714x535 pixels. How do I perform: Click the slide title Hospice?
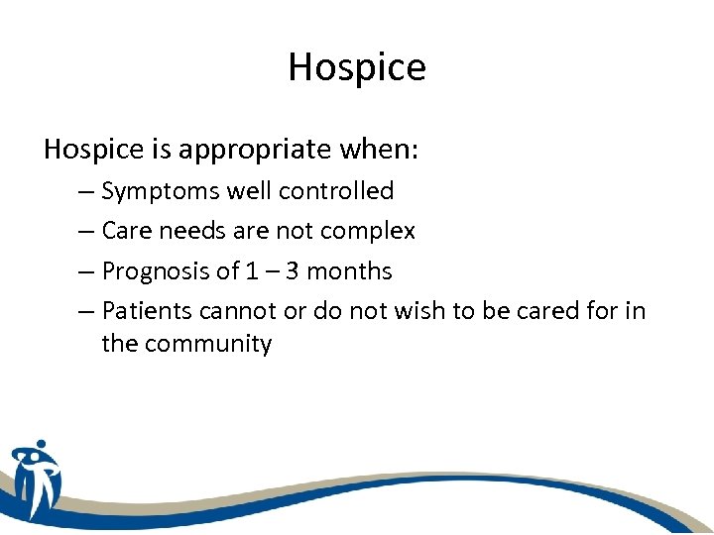pyautogui.click(x=357, y=67)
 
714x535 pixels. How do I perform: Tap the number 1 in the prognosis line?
pyautogui.click(x=250, y=270)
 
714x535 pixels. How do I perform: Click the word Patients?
pyautogui.click(x=147, y=311)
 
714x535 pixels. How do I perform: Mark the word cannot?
pyautogui.click(x=235, y=311)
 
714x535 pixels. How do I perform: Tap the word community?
pyautogui.click(x=206, y=345)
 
